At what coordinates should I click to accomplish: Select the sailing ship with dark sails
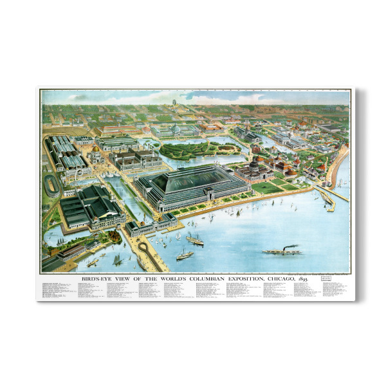point(118,260)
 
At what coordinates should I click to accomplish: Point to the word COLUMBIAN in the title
point(216,279)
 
